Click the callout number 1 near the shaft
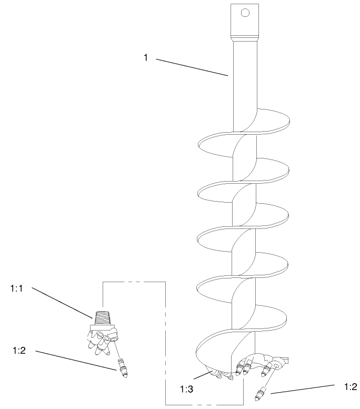146,57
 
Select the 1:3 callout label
186,389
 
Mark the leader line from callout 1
192,67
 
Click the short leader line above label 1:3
202,375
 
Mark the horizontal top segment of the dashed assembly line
134,282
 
